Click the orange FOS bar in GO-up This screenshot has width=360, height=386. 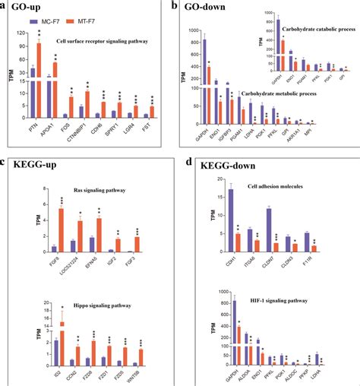[71, 108]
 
